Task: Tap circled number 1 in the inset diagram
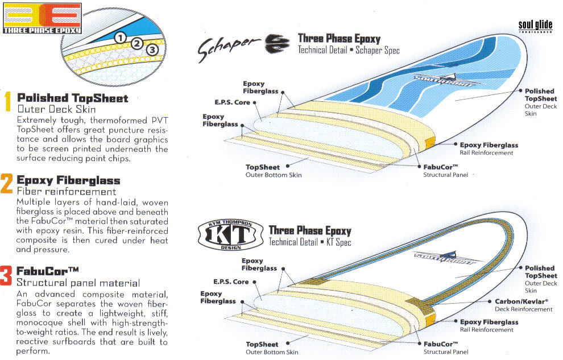[x=120, y=37]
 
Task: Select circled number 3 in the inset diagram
[x=151, y=50]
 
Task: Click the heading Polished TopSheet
[x=73, y=98]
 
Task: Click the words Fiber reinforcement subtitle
[x=67, y=192]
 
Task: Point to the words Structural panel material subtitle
[x=78, y=282]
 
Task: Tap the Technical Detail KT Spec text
[x=309, y=242]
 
